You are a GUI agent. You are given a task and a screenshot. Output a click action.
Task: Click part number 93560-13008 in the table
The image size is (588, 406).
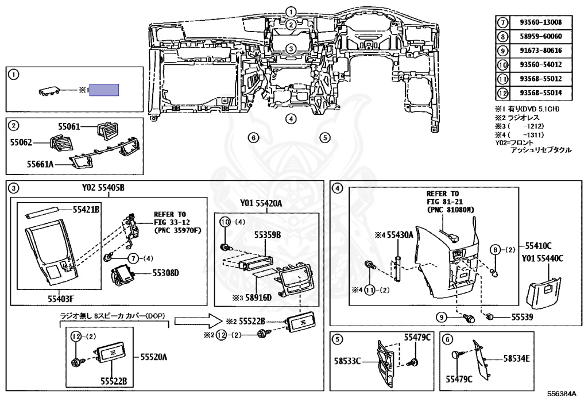coord(541,22)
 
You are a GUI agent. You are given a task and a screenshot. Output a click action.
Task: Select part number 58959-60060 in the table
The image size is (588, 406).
coord(541,36)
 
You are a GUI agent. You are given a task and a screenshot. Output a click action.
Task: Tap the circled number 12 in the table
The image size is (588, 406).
coord(502,92)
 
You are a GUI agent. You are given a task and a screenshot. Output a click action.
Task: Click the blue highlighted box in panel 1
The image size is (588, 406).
coord(104,90)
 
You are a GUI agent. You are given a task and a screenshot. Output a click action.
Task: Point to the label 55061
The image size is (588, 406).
coord(69,127)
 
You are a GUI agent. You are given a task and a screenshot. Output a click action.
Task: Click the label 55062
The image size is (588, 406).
coord(21,142)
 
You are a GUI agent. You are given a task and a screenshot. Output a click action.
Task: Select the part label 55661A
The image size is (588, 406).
coord(40,164)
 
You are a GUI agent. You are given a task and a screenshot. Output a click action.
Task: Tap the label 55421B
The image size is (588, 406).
coord(86,210)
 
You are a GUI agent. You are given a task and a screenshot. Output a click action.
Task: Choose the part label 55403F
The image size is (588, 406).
coord(61,299)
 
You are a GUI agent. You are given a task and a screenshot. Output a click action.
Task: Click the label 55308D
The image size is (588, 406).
coord(166,273)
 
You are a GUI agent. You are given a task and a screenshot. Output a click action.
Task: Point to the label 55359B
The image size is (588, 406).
coord(268,235)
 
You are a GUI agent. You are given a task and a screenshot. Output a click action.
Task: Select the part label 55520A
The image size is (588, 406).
coord(154,357)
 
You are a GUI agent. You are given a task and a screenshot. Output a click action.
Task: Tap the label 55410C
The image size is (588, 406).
coord(538,246)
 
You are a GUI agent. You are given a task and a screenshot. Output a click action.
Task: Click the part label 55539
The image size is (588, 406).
coord(523,317)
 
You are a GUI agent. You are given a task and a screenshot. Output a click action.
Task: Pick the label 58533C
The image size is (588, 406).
coord(347,361)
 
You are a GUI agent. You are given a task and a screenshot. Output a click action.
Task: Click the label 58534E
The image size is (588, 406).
coord(516,359)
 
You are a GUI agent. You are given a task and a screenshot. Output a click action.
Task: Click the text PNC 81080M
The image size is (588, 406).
coord(450,210)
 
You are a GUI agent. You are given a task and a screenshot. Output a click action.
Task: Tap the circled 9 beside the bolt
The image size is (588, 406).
coord(442,318)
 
